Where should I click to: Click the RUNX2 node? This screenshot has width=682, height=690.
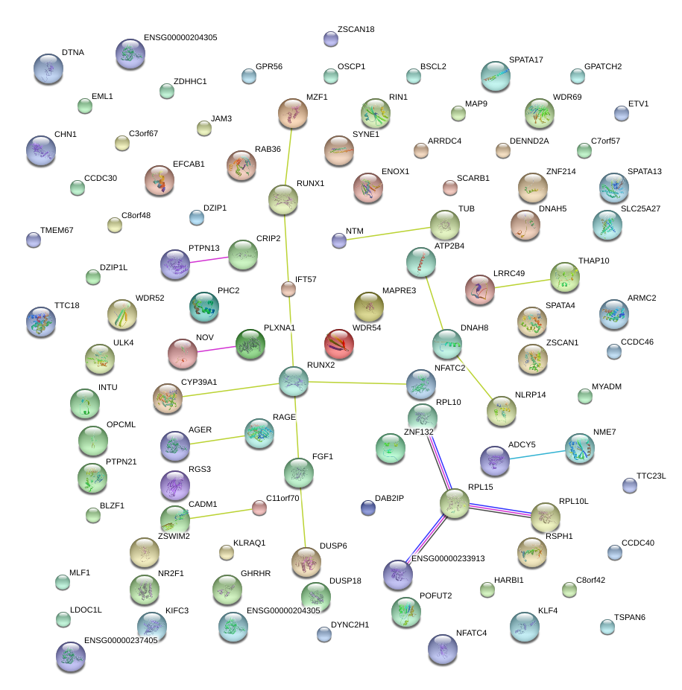click(x=294, y=381)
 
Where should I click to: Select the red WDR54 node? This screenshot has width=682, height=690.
click(x=339, y=344)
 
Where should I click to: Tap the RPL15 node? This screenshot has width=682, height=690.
click(x=455, y=504)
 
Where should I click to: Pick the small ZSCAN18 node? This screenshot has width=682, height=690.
click(x=331, y=39)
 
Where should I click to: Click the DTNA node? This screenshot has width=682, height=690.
click(x=48, y=68)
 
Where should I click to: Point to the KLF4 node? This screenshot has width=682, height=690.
click(x=525, y=627)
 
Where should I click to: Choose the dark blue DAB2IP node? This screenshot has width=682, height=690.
click(x=367, y=508)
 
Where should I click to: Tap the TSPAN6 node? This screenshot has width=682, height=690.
click(x=607, y=627)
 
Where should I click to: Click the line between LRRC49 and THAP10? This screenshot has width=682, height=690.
click(x=522, y=284)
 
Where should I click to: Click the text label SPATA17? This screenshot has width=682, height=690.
click(x=525, y=60)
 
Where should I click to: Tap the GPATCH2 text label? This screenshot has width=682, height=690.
click(x=602, y=66)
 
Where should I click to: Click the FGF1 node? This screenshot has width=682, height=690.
click(x=299, y=472)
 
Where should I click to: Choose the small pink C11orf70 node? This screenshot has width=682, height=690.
click(x=259, y=508)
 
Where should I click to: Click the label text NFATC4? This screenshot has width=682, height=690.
click(x=471, y=633)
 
